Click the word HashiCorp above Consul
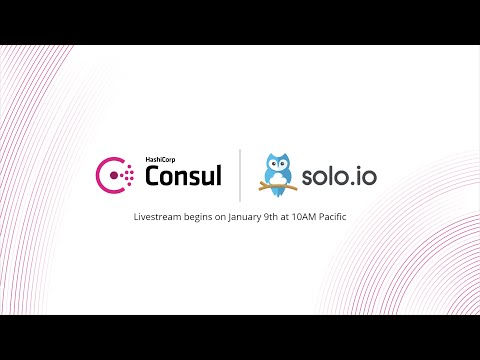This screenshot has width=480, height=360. tap(161, 160)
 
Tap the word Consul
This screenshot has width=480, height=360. tap(184, 177)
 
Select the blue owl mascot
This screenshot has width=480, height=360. tap(276, 173)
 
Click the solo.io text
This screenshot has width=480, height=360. tap(338, 177)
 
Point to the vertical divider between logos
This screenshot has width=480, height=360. tap(239, 175)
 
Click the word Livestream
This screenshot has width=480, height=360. tap(161, 217)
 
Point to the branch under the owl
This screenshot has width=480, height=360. tap(276, 191)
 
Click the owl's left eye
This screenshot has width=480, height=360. tap(270, 164)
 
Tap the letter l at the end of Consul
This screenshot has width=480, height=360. tap(220, 176)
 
